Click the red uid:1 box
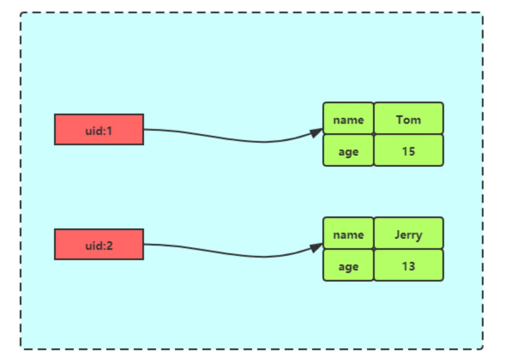pyautogui.click(x=99, y=129)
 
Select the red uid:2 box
pyautogui.click(x=99, y=244)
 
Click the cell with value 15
pyautogui.click(x=409, y=150)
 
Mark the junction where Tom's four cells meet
pyautogui.click(x=374, y=134)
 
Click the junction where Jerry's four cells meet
pyautogui.click(x=374, y=249)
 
